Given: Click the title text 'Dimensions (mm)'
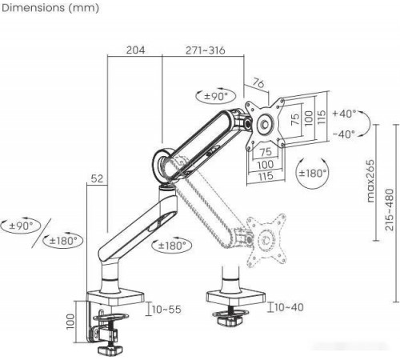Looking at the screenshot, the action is tap(50, 8).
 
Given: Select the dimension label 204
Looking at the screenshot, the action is tap(135, 50).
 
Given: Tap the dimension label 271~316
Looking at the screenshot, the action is tap(206, 50).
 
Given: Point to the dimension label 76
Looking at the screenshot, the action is tap(258, 83).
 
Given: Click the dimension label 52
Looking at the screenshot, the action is tap(97, 178).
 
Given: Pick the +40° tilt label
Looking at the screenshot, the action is tap(344, 114).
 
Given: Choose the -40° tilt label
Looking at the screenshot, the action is tap(344, 134).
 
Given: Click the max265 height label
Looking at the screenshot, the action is tap(370, 181).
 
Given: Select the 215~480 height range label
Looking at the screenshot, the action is tap(390, 210).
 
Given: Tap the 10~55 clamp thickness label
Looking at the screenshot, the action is tap(166, 310).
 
